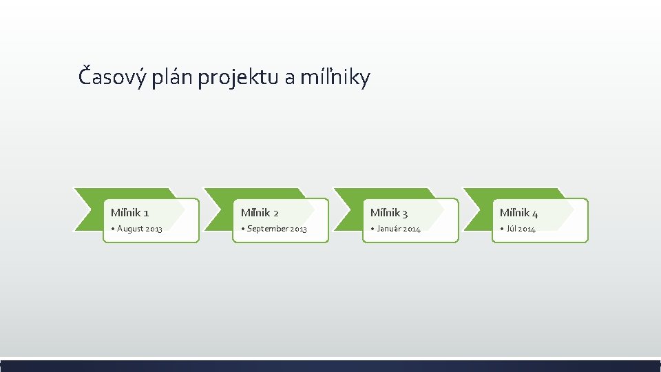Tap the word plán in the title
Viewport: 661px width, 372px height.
pyautogui.click(x=174, y=76)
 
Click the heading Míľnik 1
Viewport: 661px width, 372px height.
pyautogui.click(x=130, y=212)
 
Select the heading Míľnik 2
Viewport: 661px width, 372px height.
pyautogui.click(x=260, y=212)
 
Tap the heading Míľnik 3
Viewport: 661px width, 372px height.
pyautogui.click(x=389, y=212)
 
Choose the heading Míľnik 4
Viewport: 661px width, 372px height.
pyautogui.click(x=518, y=212)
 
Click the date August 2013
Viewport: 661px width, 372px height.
pyautogui.click(x=140, y=229)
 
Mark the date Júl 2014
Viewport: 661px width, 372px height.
pyautogui.click(x=521, y=229)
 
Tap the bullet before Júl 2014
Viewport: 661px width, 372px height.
pyautogui.click(x=501, y=229)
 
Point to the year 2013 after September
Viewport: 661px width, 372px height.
pyautogui.click(x=298, y=229)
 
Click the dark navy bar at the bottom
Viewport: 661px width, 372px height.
pyautogui.click(x=330, y=366)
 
